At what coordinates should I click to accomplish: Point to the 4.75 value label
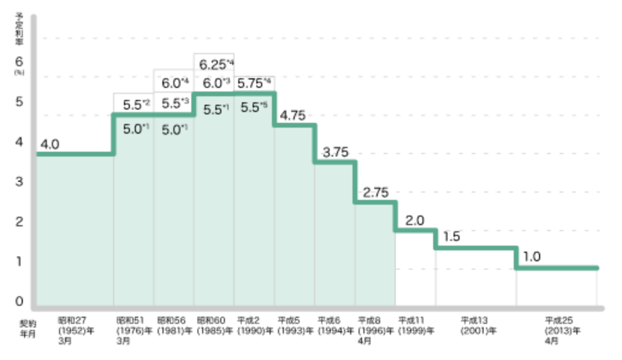[x=294, y=116]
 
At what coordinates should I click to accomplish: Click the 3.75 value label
[x=335, y=152]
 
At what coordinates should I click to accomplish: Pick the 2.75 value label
[x=375, y=193]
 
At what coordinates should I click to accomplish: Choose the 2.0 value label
[x=415, y=220]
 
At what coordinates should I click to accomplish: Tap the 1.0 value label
[x=531, y=256]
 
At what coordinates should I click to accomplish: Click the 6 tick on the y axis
[x=19, y=61]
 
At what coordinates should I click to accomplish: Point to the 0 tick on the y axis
[x=19, y=301]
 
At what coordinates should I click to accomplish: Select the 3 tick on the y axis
[x=19, y=181]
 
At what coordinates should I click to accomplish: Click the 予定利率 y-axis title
[x=19, y=27]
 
